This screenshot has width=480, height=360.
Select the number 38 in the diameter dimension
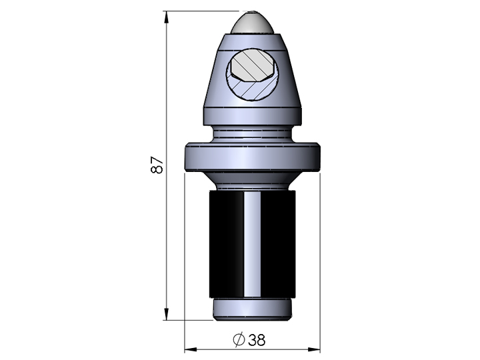click(257, 339)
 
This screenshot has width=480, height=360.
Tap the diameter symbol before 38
click(239, 339)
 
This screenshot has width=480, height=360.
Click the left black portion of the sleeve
click(224, 243)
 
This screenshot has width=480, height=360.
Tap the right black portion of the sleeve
click(279, 243)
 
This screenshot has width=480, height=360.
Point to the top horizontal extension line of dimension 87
click(200, 11)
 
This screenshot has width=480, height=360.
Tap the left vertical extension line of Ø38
click(185, 267)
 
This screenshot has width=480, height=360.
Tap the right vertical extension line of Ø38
click(321, 267)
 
